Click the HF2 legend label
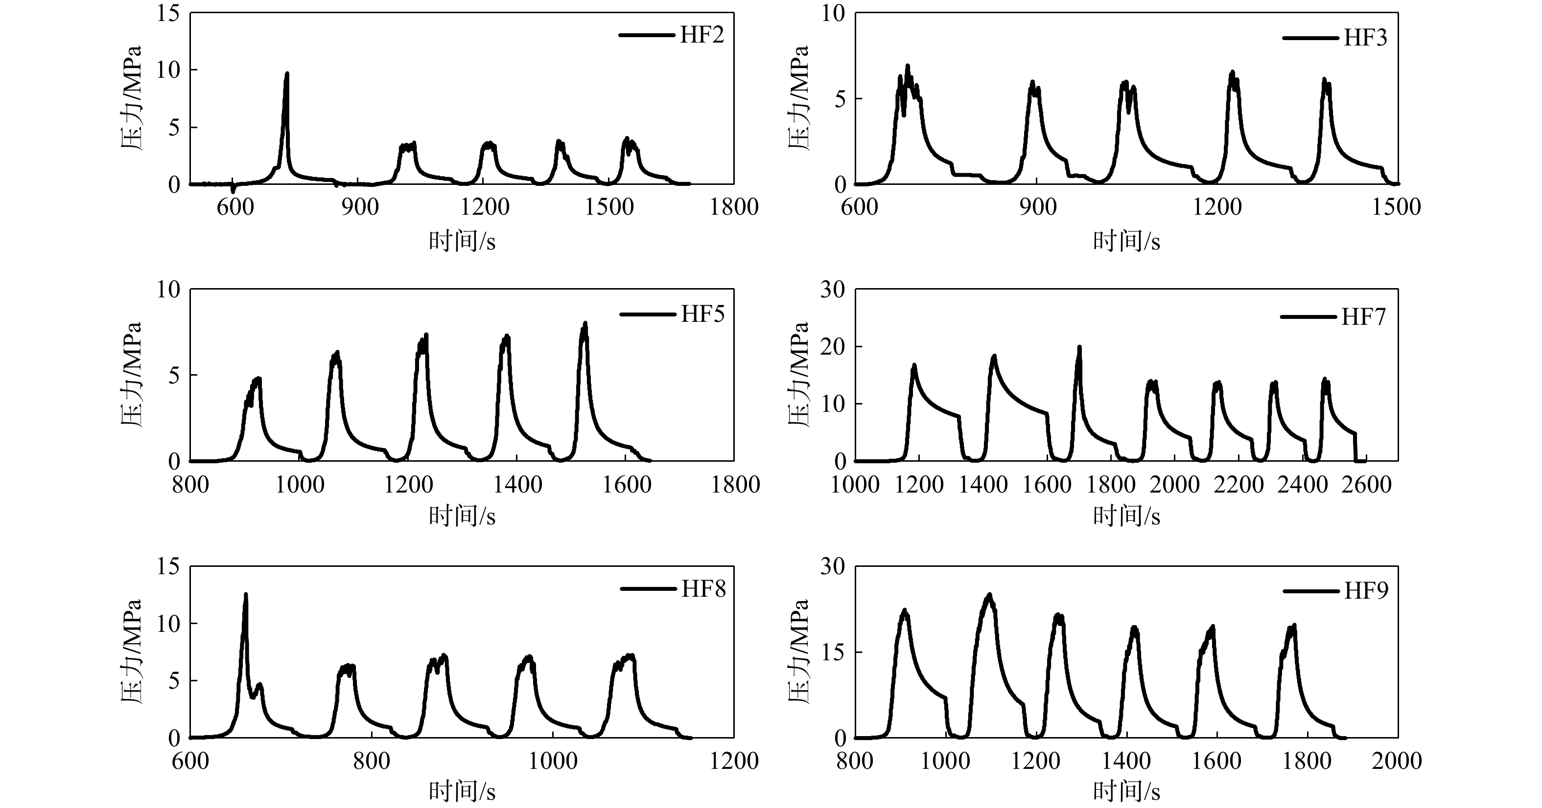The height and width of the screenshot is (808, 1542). (x=701, y=35)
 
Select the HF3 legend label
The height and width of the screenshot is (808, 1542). (x=1365, y=38)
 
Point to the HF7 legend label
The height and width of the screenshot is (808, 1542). (x=1364, y=317)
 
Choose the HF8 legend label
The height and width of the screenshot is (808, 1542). (x=703, y=589)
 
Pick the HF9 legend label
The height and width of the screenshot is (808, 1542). (x=1366, y=591)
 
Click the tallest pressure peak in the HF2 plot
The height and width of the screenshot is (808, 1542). (x=287, y=75)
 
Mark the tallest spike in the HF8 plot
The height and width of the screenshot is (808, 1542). (x=245, y=595)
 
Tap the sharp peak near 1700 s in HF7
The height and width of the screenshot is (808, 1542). (x=1079, y=347)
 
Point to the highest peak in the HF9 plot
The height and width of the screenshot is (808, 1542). (x=989, y=595)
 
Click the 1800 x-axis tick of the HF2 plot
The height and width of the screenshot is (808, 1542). (x=734, y=207)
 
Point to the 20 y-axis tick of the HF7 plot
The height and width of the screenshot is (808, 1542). (x=833, y=347)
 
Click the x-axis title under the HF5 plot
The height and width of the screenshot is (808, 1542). (x=462, y=516)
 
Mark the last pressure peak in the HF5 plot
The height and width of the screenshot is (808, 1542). (x=585, y=324)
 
